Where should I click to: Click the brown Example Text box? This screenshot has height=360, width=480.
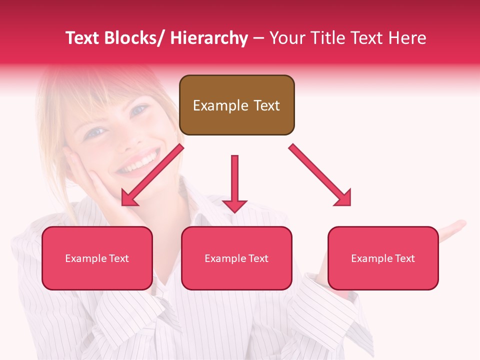pos(236,105)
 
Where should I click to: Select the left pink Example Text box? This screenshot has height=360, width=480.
pos(97,258)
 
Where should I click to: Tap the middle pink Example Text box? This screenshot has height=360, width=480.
pos(236,258)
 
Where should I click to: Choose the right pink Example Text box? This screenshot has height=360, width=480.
pos(383,258)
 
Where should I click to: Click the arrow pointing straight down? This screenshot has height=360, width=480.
pos(234,183)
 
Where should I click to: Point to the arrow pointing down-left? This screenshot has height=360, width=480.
pos(152,175)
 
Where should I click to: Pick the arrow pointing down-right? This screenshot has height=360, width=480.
pos(320,175)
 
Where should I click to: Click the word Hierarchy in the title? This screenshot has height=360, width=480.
pos(209,38)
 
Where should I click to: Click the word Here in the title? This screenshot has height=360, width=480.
pos(408,38)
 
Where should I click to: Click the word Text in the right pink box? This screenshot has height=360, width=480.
pos(404,258)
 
